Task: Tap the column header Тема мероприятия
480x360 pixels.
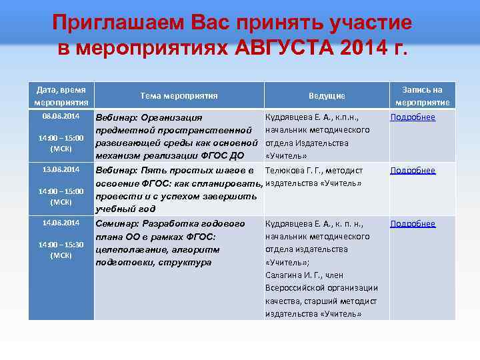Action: (x=179, y=96)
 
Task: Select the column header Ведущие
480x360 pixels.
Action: (x=327, y=96)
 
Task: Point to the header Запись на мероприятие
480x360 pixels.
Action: (x=423, y=96)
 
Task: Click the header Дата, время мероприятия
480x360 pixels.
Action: (x=62, y=96)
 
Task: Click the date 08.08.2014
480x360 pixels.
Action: (x=61, y=117)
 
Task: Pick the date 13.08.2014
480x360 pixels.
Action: (x=61, y=169)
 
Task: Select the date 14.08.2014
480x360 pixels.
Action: (x=61, y=223)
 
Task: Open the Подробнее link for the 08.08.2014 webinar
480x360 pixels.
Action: (x=413, y=117)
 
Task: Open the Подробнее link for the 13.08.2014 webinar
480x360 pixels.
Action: (x=413, y=171)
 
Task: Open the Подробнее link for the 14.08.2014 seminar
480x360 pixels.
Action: (x=413, y=224)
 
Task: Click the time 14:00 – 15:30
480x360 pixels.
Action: (x=61, y=245)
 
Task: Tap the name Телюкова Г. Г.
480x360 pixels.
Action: (x=295, y=171)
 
